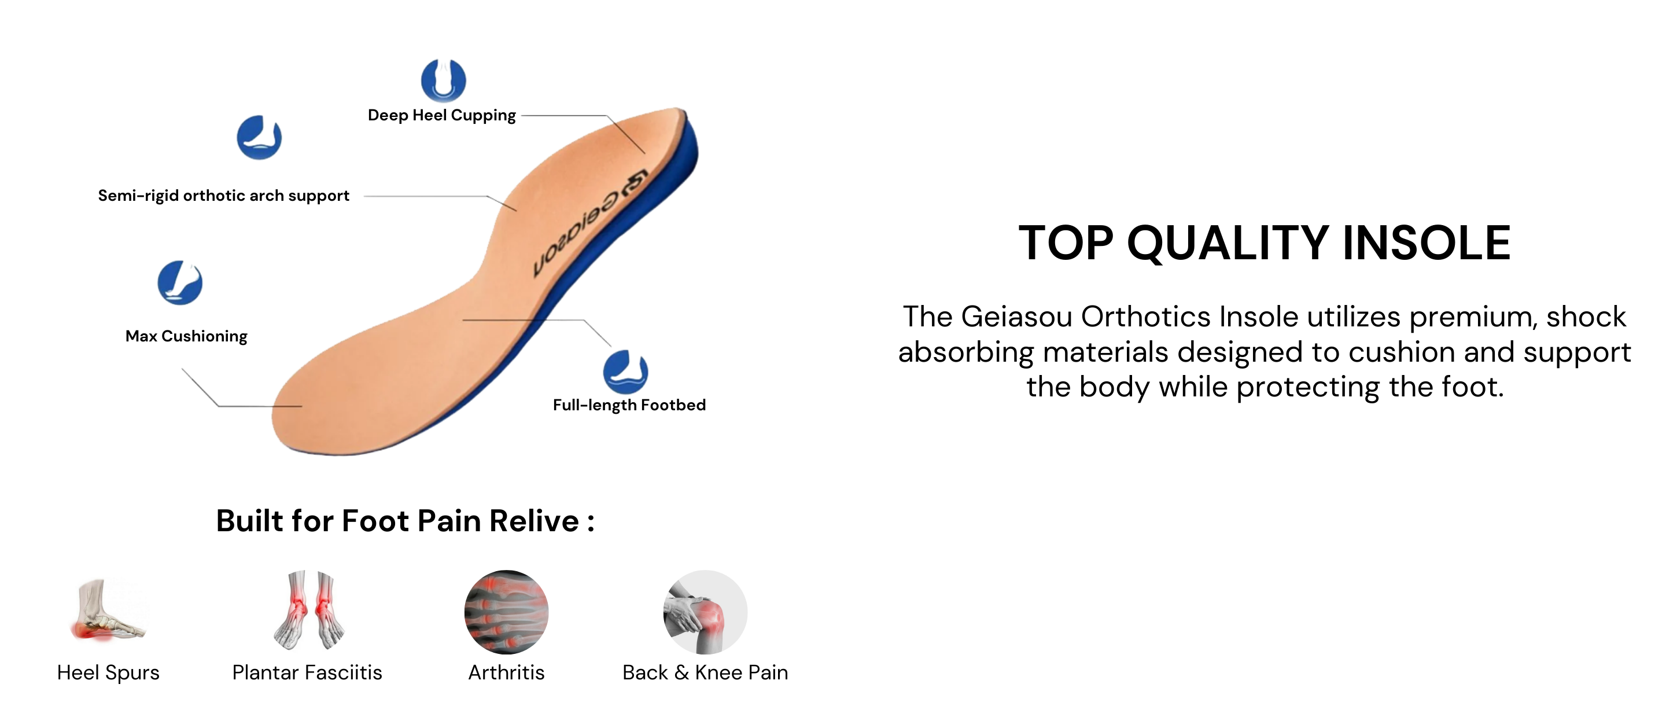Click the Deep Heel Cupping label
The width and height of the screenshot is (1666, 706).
click(x=442, y=115)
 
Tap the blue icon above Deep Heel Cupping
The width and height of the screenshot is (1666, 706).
click(x=443, y=80)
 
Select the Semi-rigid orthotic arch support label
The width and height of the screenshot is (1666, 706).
click(x=223, y=196)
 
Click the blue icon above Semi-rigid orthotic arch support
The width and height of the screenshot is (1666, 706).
click(x=259, y=137)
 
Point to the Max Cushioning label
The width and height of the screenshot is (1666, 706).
click(x=186, y=336)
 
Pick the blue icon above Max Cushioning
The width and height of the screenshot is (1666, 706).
click(x=180, y=283)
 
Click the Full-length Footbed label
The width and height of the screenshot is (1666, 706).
click(x=629, y=405)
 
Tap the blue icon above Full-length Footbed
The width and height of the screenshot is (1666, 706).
click(x=625, y=372)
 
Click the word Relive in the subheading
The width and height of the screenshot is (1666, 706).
click(x=534, y=521)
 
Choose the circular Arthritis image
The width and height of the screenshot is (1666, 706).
click(x=506, y=612)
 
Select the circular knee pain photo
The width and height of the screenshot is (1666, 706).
click(x=706, y=612)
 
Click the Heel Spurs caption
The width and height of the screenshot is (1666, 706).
click(x=108, y=673)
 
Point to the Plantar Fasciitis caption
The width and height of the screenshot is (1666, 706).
click(x=307, y=673)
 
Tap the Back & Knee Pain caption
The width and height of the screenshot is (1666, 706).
click(x=705, y=673)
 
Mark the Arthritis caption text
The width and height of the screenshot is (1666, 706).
click(x=506, y=673)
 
